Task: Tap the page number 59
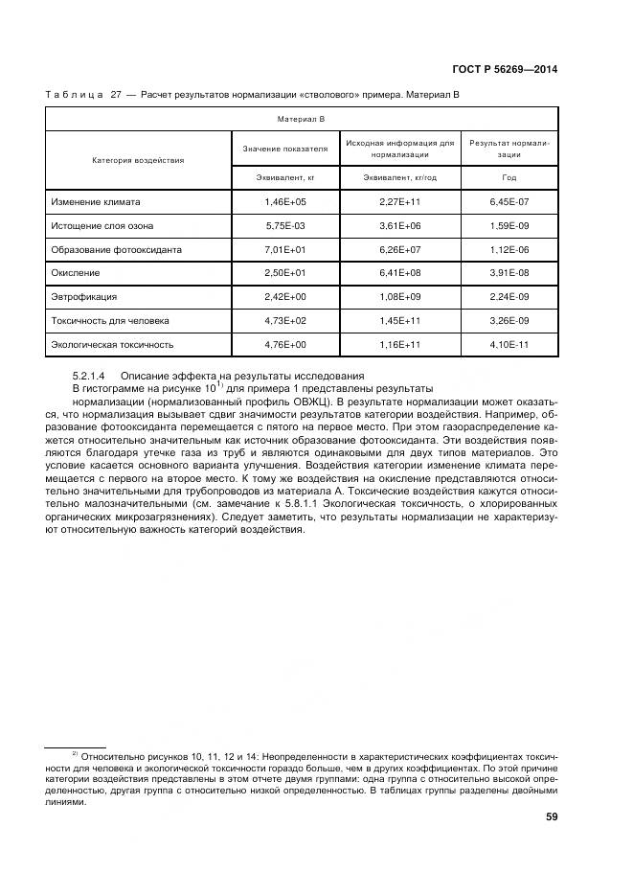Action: pos(552,816)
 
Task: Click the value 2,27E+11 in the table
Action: pos(400,203)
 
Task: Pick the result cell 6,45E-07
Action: pos(509,203)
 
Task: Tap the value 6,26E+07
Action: pos(400,250)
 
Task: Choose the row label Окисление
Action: pos(76,273)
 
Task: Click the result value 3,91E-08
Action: pos(509,273)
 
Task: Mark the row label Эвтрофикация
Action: pos(83,297)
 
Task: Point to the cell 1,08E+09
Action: pos(400,297)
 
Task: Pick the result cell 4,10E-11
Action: pos(509,343)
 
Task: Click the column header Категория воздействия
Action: pos(138,160)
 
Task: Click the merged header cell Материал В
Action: pos(301,118)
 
